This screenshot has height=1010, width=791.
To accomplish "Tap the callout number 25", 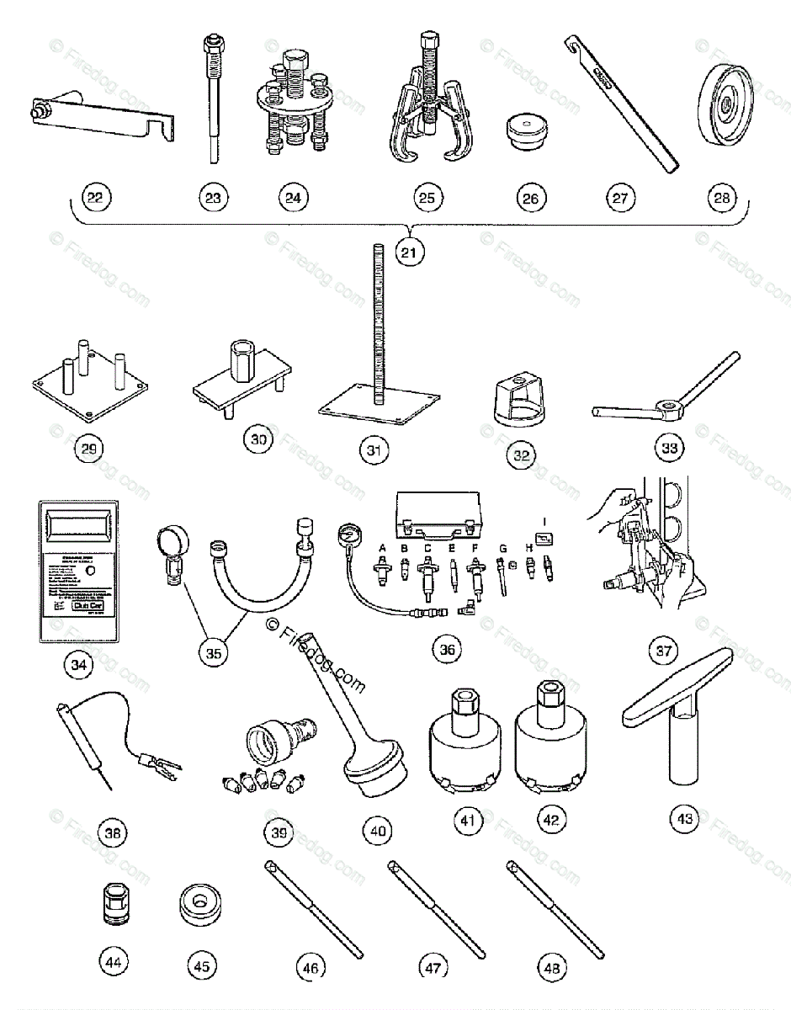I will [x=427, y=199].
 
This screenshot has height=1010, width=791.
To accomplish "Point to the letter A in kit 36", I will [x=383, y=548].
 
